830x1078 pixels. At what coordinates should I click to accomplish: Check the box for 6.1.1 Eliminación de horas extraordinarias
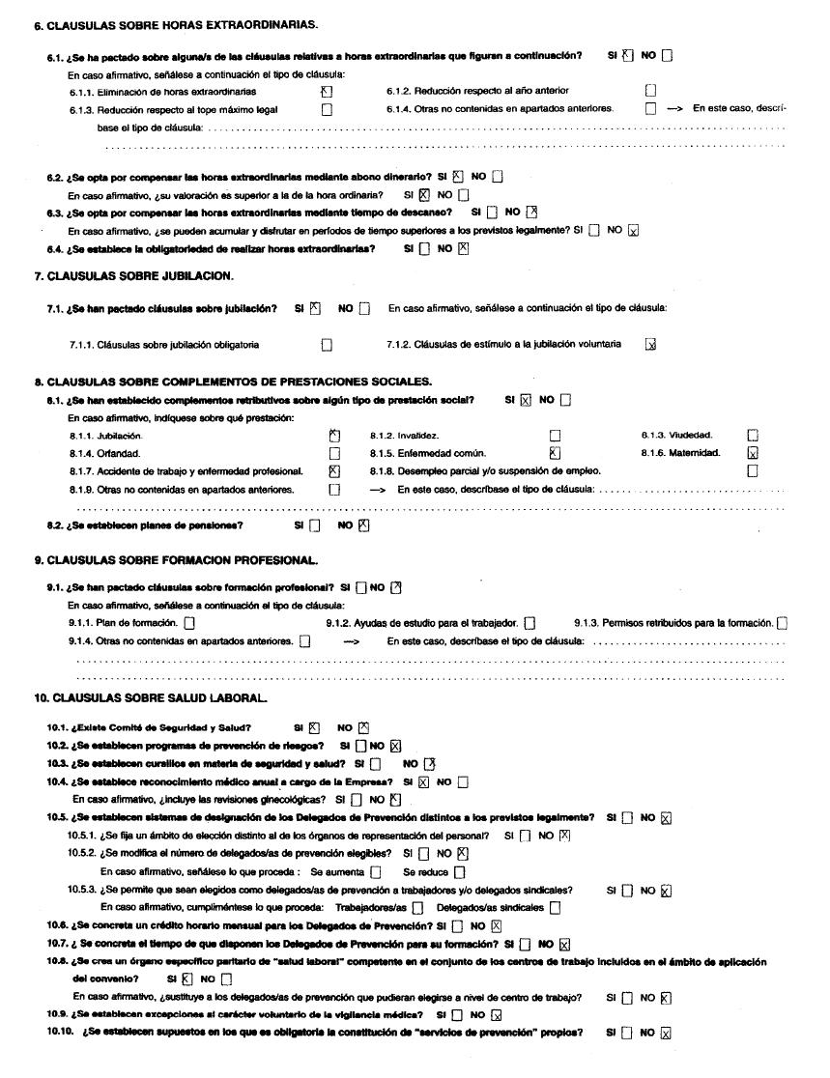327,92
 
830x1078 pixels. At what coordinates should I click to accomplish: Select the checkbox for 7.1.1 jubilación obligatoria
327,344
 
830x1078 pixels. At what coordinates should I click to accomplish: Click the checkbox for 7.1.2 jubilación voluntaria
650,344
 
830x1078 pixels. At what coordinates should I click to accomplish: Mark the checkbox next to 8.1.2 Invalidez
554,436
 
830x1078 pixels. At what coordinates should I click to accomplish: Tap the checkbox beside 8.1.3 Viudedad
754,436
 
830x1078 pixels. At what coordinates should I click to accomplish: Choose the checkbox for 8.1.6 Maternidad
754,453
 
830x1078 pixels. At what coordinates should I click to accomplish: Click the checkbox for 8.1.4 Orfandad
334,453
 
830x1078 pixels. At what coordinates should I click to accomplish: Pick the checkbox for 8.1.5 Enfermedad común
554,453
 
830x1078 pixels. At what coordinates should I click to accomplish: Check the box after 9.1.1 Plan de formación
188,623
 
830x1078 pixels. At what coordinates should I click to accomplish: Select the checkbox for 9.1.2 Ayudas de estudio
529,623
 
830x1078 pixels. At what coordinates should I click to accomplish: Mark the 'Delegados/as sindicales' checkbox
556,908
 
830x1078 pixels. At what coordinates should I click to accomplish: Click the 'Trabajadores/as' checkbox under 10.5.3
417,908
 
